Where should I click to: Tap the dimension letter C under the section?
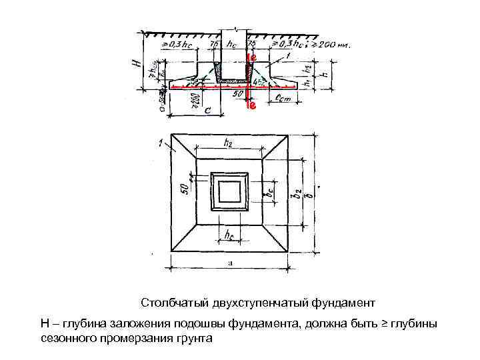[x=207, y=111]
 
